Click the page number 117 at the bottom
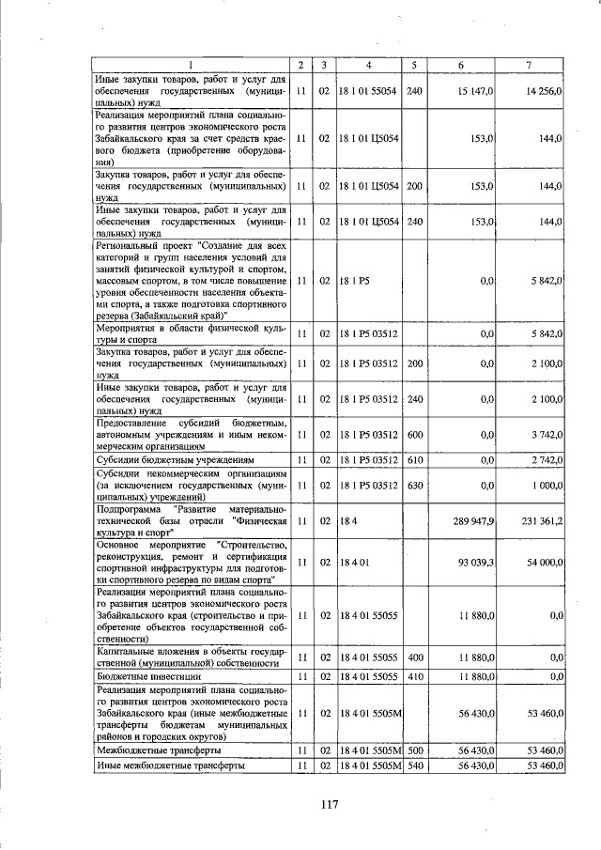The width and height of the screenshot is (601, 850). pyautogui.click(x=327, y=803)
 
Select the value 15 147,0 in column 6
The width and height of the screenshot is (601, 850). pyautogui.click(x=476, y=90)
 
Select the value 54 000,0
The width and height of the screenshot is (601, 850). pyautogui.click(x=544, y=561)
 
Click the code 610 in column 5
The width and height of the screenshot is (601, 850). pyautogui.click(x=414, y=461)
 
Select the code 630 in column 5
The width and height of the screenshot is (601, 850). pyautogui.click(x=414, y=486)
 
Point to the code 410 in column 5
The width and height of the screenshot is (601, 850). pyautogui.click(x=414, y=675)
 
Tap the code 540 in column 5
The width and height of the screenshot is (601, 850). pyautogui.click(x=414, y=765)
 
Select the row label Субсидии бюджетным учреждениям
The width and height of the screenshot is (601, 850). pyautogui.click(x=175, y=461)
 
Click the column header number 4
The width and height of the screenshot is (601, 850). pyautogui.click(x=369, y=65)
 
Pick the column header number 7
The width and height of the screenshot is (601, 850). pyautogui.click(x=531, y=65)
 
